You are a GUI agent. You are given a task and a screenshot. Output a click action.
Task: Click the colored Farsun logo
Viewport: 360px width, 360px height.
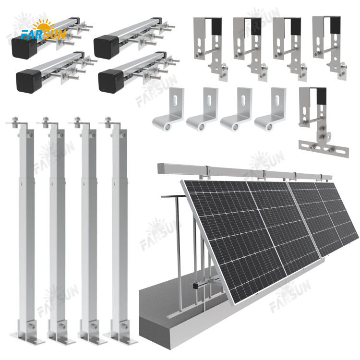click(43, 29)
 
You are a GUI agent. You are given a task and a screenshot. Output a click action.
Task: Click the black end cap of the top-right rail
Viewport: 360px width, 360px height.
click(106, 47)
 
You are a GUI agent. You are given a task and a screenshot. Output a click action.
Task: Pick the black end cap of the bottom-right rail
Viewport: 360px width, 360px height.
click(111, 81)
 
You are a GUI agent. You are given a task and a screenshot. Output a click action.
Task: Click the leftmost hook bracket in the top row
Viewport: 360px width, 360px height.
click(211, 48)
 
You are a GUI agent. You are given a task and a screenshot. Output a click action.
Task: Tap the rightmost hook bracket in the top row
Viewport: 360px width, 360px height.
click(330, 48)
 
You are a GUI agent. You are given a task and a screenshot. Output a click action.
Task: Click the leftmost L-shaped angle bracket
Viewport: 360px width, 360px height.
click(169, 109)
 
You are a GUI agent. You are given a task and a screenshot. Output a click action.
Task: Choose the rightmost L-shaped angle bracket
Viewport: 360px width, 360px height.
click(270, 109)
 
